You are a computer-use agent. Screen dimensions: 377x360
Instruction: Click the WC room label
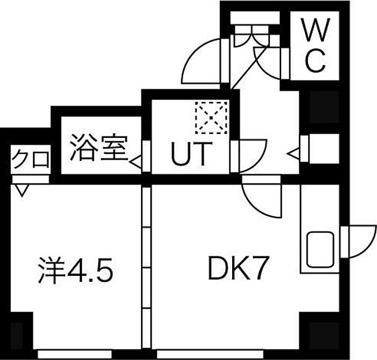click(316, 45)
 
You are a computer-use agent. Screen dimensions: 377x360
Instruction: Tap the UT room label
click(192, 154)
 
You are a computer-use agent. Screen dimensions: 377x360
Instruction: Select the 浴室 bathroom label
click(99, 147)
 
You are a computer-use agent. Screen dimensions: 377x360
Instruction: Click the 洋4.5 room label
click(75, 270)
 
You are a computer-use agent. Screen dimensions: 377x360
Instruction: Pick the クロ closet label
click(31, 159)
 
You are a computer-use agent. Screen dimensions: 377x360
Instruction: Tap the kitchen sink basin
click(321, 250)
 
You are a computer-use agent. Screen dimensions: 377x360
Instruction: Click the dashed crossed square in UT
click(211, 117)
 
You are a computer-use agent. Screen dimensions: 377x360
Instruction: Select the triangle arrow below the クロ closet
click(22, 190)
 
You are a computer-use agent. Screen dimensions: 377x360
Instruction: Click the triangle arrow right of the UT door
click(294, 153)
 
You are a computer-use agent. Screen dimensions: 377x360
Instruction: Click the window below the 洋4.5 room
click(75, 354)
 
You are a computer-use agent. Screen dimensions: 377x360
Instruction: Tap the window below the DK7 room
click(210, 354)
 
